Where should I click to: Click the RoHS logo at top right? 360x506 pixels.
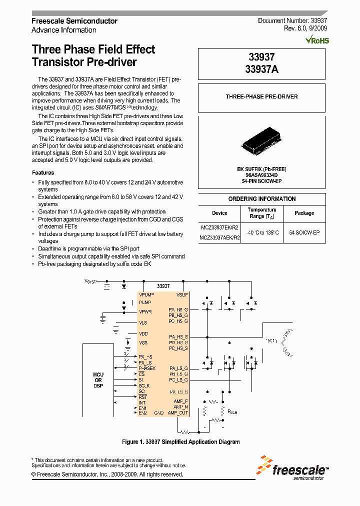click(x=318, y=40)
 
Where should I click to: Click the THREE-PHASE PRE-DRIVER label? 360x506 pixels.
click(x=261, y=96)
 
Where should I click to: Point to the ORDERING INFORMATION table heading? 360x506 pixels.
click(x=262, y=199)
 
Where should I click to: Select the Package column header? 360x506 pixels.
click(x=304, y=213)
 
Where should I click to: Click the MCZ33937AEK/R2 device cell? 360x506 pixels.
click(x=219, y=238)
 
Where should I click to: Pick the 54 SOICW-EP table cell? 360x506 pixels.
click(x=304, y=233)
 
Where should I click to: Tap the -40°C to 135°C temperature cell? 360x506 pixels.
click(x=262, y=233)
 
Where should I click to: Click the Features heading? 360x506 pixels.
click(x=43, y=172)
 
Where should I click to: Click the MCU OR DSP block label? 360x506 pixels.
click(x=98, y=380)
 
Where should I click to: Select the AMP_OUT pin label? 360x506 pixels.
click(x=178, y=413)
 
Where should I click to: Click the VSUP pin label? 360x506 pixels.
click(x=182, y=295)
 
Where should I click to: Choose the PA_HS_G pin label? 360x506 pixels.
click(x=178, y=310)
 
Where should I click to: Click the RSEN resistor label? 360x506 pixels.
click(x=233, y=413)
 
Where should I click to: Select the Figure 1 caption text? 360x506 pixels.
click(x=181, y=442)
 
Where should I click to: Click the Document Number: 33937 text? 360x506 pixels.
click(x=292, y=20)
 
